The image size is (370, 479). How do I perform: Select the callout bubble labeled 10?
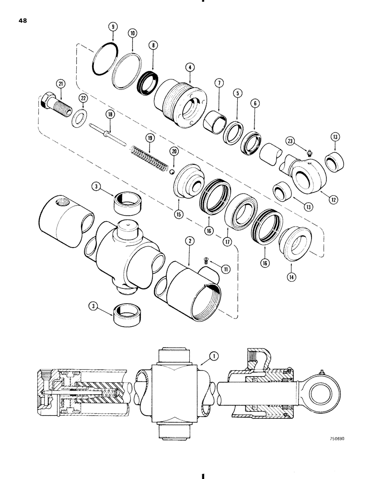133,33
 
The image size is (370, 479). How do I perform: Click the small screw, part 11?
206,262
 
